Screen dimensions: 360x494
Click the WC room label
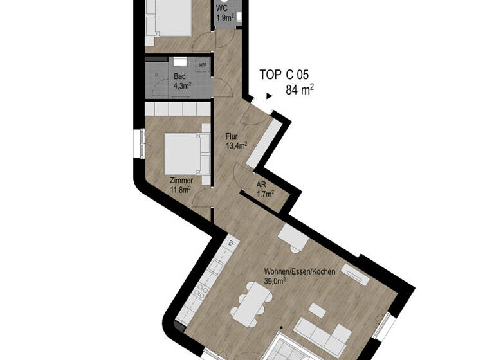coord(222,8)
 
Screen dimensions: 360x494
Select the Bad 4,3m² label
coord(182,80)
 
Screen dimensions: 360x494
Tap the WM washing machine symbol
coord(202,64)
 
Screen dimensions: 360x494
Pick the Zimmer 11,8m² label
coord(181,185)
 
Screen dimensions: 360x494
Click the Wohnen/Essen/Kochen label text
coord(300,272)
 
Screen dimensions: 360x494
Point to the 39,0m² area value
coord(275,282)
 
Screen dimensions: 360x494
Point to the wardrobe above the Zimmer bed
coord(177,109)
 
